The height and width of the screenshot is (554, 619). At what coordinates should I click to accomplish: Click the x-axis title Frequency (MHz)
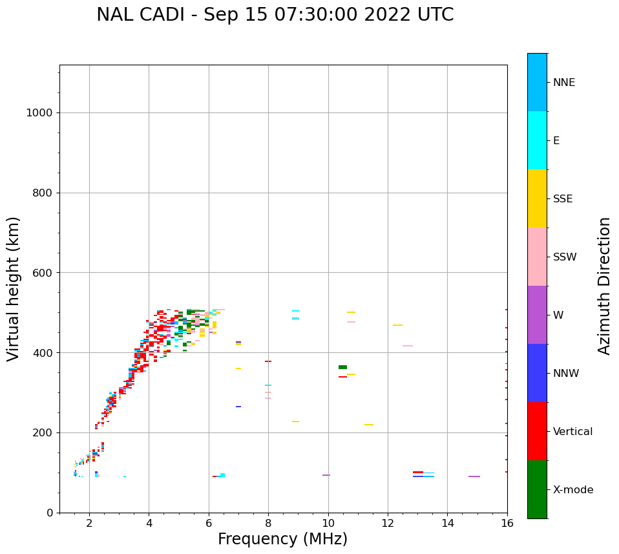(x=282, y=539)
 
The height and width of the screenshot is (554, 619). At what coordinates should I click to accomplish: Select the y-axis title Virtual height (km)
(x=14, y=289)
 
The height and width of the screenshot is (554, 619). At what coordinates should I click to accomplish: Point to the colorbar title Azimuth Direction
(x=604, y=286)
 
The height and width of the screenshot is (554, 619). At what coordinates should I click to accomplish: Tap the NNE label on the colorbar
(x=563, y=83)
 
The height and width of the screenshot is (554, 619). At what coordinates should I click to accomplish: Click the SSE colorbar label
(x=563, y=199)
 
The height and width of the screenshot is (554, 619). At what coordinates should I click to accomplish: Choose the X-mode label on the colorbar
(x=573, y=490)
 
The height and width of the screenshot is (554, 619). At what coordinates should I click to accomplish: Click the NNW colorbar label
(x=566, y=374)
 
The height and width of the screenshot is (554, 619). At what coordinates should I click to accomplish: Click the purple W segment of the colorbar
(x=537, y=315)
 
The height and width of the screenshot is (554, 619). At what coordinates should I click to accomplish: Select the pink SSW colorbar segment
(x=537, y=257)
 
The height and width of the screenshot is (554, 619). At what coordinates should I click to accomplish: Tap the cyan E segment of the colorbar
(x=537, y=140)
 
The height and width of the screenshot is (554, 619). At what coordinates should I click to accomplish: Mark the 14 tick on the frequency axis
(x=447, y=523)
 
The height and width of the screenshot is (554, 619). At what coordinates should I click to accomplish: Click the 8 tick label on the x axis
(x=268, y=523)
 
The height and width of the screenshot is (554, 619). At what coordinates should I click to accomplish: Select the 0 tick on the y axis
(x=49, y=513)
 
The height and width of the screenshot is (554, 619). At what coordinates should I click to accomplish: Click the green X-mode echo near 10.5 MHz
(x=342, y=367)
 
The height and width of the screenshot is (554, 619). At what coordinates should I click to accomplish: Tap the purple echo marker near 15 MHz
(x=474, y=476)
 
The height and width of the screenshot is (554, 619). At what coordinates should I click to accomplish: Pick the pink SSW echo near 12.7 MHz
(x=408, y=346)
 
